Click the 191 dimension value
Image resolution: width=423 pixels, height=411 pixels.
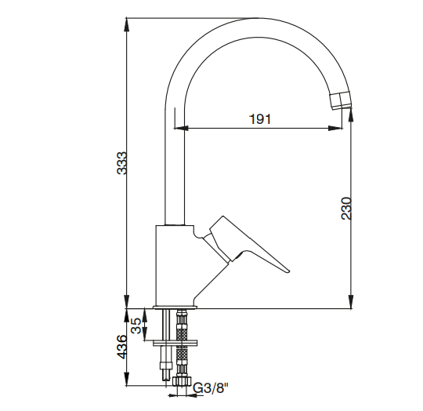(260, 118)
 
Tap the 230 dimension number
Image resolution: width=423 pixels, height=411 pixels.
(346, 208)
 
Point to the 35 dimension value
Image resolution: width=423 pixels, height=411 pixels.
(136, 326)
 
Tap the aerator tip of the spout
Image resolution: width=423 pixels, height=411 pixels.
(341, 100)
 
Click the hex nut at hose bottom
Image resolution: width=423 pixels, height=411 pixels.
(181, 381)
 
